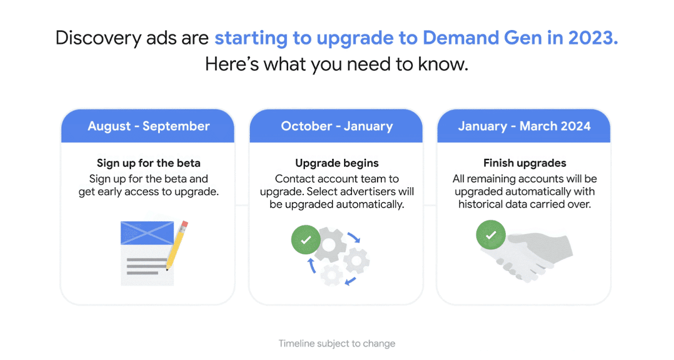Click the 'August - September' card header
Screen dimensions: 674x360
click(148, 126)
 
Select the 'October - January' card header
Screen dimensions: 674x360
click(336, 126)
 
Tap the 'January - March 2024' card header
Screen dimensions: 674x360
click(524, 126)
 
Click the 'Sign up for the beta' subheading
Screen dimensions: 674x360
click(149, 163)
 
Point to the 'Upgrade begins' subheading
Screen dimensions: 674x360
click(336, 163)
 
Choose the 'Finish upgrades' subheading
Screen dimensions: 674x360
click(525, 163)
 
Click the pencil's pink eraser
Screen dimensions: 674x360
click(185, 224)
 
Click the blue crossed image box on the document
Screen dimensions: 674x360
click(147, 233)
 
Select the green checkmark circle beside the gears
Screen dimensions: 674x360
click(306, 239)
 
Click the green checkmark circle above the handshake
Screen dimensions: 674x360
click(491, 235)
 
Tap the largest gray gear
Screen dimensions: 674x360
click(329, 245)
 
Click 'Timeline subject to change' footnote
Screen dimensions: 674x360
click(336, 343)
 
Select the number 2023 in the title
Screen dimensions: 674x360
click(593, 38)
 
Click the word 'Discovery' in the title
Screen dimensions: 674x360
click(98, 38)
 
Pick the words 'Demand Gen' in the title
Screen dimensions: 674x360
click(482, 38)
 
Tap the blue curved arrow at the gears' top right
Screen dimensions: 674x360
click(354, 237)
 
